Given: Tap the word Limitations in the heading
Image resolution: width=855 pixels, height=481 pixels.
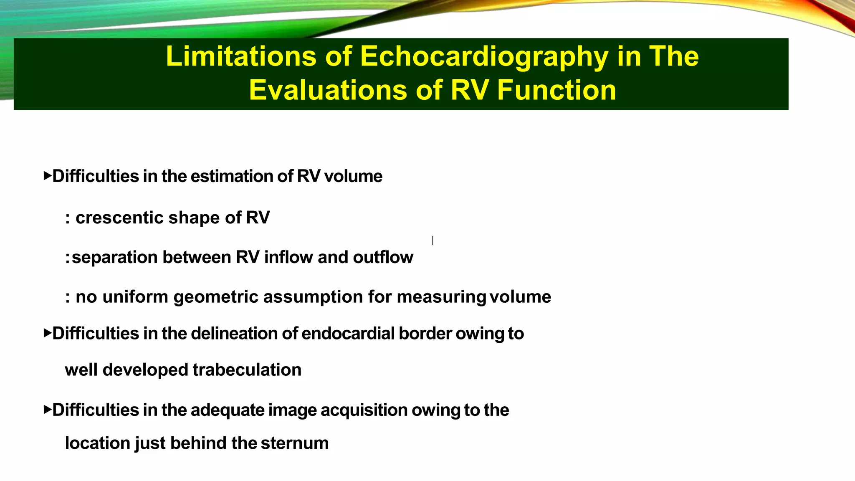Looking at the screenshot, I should point(241,56).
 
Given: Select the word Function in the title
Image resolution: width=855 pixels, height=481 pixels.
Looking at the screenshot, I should point(557,90).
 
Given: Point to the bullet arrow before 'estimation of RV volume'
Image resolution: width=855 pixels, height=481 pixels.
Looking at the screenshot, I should point(47,175).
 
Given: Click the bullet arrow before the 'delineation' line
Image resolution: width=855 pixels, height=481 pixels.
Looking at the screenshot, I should point(47,333).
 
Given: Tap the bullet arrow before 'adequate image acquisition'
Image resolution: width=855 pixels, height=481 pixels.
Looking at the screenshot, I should point(47,409).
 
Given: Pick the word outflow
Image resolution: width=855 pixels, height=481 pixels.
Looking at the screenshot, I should point(383,257).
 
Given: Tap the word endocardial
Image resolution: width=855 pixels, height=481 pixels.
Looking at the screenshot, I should point(348,334).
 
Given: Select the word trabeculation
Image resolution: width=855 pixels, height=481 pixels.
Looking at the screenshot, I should point(247,370).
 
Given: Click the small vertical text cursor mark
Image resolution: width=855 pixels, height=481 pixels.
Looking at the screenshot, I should point(433,240).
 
